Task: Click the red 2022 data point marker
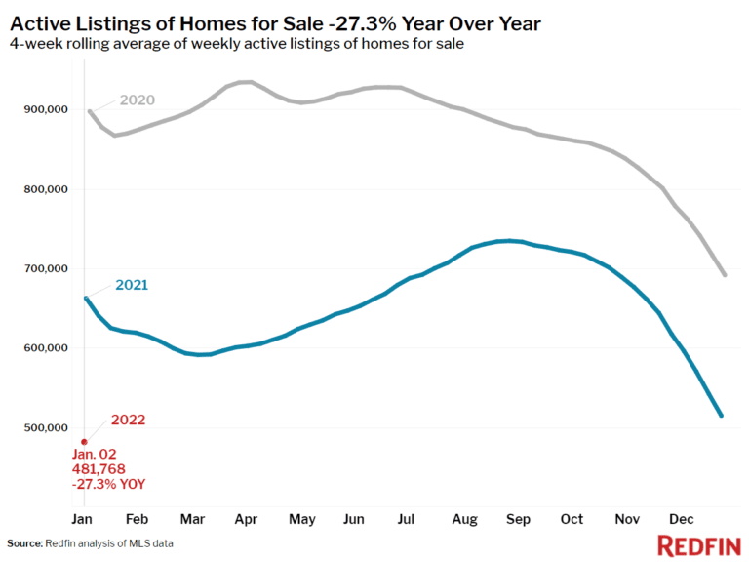(x=84, y=442)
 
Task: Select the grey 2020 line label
(x=137, y=100)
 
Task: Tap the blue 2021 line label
(x=131, y=285)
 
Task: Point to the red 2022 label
(x=129, y=421)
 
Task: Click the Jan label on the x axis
(x=84, y=518)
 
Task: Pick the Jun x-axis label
(x=353, y=518)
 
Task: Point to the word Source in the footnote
(x=25, y=542)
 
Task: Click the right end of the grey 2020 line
(x=725, y=274)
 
